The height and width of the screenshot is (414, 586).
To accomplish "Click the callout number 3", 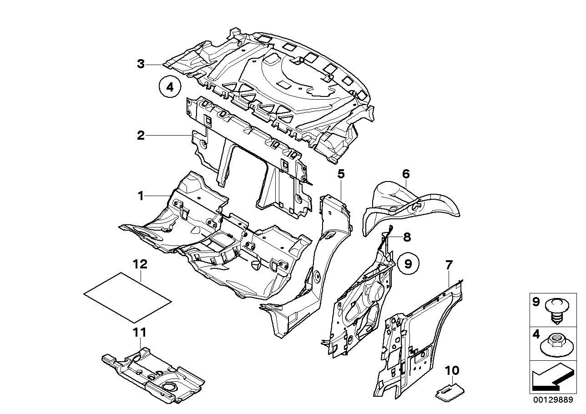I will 141,64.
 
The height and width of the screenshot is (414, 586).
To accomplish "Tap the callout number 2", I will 141,135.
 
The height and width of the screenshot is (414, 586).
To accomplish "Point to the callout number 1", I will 141,196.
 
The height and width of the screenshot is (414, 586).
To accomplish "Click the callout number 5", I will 341,173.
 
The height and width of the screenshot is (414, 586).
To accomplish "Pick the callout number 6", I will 406,173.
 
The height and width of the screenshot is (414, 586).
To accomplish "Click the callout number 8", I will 407,237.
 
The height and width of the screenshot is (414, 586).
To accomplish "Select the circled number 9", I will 408,263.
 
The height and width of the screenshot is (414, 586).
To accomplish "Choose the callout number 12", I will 141,263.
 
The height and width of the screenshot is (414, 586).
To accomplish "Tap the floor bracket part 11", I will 153,375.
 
